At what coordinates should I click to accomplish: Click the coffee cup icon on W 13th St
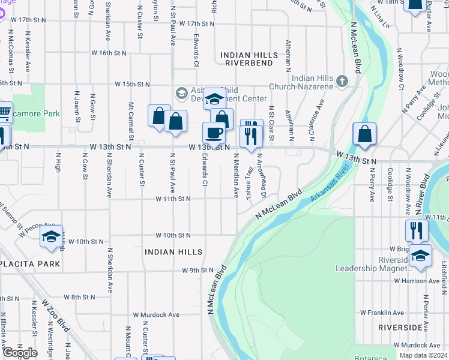tap(214, 133)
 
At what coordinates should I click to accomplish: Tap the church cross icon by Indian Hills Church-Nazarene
tap(342, 80)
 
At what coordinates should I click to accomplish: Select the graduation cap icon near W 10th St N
tap(52, 236)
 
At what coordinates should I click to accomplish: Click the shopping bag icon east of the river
tap(364, 134)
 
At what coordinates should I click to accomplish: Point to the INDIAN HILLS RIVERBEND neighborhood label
tap(249, 59)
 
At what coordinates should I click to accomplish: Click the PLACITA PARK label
tap(30, 264)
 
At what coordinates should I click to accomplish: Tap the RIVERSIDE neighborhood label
tap(400, 328)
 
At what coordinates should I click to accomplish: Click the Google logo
tap(20, 353)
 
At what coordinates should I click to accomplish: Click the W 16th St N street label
tap(109, 53)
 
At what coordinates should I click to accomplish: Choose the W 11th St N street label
tap(173, 199)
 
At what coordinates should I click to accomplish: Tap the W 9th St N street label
tap(198, 271)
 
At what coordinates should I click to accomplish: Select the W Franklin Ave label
tap(382, 313)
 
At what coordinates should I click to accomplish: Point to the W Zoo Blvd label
tap(56, 313)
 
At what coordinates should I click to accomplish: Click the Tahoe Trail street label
tap(250, 181)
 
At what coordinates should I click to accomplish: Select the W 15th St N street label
tap(131, 83)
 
